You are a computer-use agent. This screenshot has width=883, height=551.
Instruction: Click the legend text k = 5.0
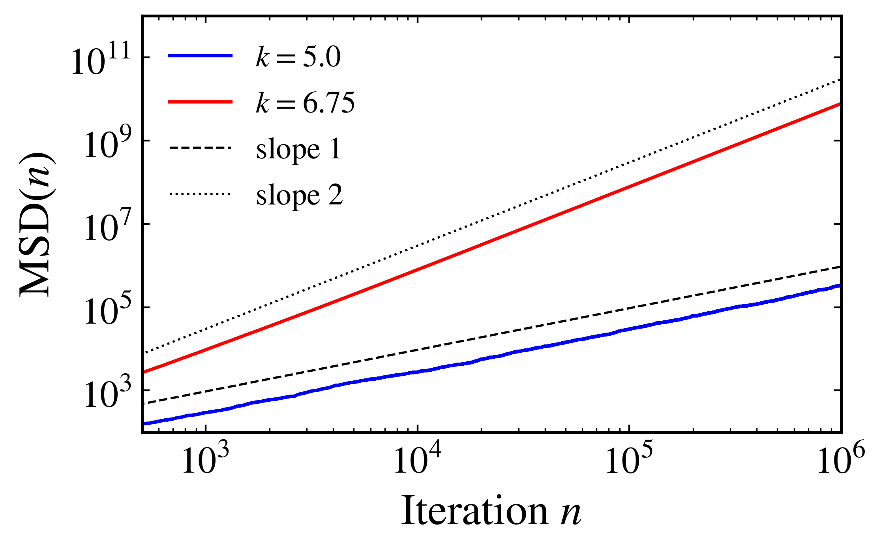tap(298, 58)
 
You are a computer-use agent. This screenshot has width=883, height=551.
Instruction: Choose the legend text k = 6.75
tap(306, 103)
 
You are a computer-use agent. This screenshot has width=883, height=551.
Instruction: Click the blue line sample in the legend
tap(201, 56)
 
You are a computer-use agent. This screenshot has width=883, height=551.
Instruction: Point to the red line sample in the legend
tap(201, 102)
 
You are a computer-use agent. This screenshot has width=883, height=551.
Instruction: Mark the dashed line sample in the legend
tap(201, 148)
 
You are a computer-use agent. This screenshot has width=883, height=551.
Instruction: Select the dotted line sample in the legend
tap(201, 194)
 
